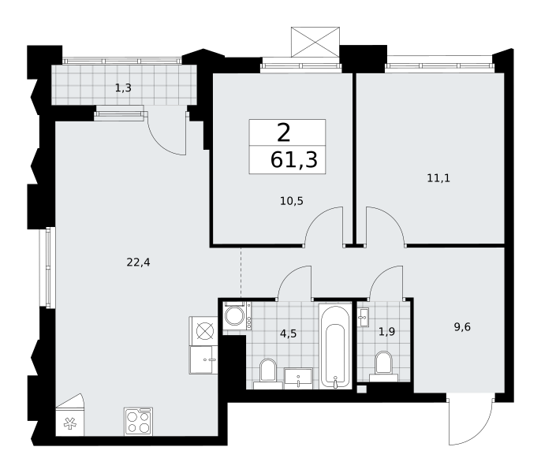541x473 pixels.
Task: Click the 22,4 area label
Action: [138, 263]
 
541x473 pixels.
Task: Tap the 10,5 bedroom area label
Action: [292, 201]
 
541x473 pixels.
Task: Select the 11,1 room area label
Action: [438, 178]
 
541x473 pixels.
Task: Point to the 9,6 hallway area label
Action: [462, 326]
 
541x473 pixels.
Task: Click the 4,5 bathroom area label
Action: [289, 333]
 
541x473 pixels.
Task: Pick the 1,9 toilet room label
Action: [386, 332]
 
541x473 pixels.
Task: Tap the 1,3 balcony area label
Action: [123, 88]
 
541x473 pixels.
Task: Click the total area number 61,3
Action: [294, 160]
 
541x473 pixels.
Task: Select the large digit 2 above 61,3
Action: [284, 133]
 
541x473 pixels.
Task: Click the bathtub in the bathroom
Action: [335, 346]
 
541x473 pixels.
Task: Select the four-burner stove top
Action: [138, 422]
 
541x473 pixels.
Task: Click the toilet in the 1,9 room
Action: [383, 367]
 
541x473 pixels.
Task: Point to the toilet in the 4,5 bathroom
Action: [268, 374]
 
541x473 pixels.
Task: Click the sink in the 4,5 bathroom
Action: [298, 378]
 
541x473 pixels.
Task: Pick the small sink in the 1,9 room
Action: [364, 317]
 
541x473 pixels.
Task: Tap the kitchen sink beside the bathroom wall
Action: [203, 359]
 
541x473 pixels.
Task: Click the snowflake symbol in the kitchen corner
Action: [70, 423]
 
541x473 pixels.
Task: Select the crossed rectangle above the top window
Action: [315, 42]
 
